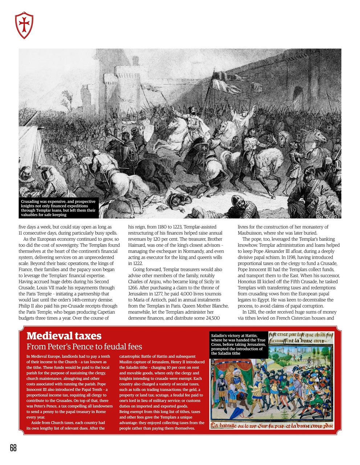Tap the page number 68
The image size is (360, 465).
click(13, 448)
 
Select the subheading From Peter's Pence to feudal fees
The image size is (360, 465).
click(84, 347)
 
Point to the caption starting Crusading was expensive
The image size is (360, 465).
click(58, 208)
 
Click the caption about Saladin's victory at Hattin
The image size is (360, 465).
click(238, 344)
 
